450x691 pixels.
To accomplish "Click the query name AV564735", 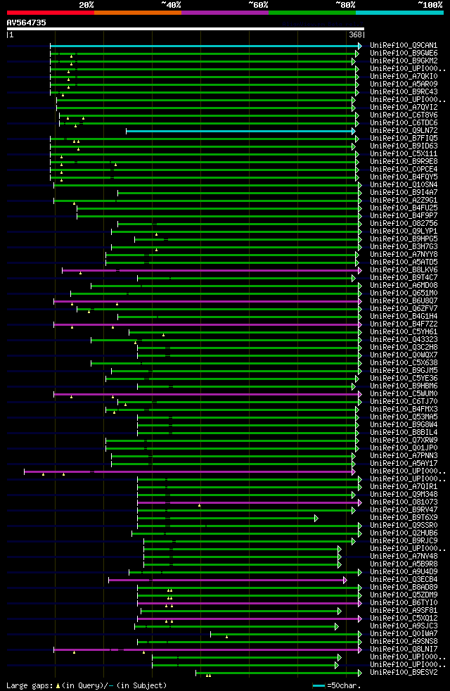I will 27,23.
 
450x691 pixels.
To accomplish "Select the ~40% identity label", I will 171,4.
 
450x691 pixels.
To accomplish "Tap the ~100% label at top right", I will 429,4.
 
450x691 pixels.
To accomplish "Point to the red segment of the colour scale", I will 50,12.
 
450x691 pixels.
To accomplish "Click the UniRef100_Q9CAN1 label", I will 404,46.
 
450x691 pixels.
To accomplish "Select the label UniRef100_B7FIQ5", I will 404,139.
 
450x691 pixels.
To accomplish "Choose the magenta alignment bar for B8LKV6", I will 211,270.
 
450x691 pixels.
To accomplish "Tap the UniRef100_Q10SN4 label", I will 404,185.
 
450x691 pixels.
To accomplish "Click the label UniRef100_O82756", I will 404,224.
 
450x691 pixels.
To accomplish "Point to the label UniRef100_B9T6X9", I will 404,518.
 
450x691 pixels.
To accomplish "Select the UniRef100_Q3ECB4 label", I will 404,580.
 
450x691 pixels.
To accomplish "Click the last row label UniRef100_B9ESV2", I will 404,673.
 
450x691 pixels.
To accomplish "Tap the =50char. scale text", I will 345,685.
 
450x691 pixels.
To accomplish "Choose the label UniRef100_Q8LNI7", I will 404,649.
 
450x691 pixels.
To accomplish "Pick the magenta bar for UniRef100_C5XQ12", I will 246,619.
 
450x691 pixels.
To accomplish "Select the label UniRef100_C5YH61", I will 404,332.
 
